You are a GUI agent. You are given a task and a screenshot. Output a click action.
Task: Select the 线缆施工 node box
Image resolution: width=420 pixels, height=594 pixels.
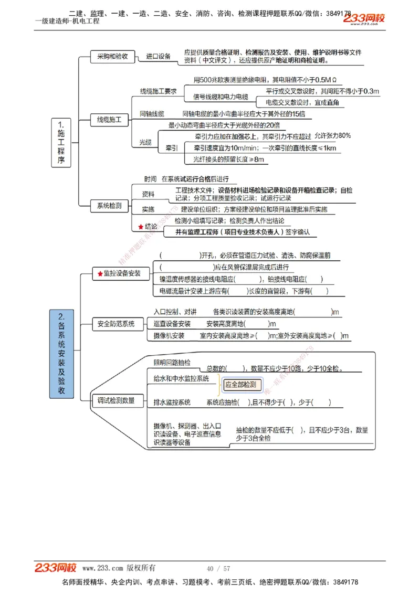(x=109, y=120)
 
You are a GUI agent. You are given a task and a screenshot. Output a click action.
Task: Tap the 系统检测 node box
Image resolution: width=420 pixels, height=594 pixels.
(x=109, y=206)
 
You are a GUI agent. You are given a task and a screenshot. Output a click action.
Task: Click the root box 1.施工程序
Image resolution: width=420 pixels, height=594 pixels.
(x=61, y=143)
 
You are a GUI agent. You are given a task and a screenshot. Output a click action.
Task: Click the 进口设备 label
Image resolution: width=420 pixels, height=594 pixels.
(x=158, y=57)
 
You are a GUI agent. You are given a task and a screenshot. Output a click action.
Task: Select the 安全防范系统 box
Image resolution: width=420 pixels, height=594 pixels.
(x=116, y=324)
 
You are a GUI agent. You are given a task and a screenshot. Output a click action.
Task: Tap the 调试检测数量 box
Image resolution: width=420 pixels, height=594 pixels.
(x=116, y=400)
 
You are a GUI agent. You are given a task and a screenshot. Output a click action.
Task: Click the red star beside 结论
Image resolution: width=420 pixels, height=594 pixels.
(x=140, y=227)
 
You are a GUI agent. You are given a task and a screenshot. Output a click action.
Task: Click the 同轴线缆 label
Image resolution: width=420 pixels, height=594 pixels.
(x=151, y=114)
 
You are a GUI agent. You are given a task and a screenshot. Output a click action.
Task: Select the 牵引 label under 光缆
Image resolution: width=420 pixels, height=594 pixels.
(x=171, y=148)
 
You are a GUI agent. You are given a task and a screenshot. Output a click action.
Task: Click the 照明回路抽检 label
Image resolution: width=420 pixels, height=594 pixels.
(x=172, y=363)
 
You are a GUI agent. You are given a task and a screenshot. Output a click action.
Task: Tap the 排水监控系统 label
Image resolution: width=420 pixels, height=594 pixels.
(x=172, y=402)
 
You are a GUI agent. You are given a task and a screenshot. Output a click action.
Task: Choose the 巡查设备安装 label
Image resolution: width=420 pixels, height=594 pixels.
(x=172, y=324)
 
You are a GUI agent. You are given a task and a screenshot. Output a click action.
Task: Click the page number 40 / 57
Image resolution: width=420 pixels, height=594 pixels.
(x=218, y=568)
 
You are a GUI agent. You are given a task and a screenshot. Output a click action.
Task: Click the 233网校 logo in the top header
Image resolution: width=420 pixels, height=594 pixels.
(x=364, y=19)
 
